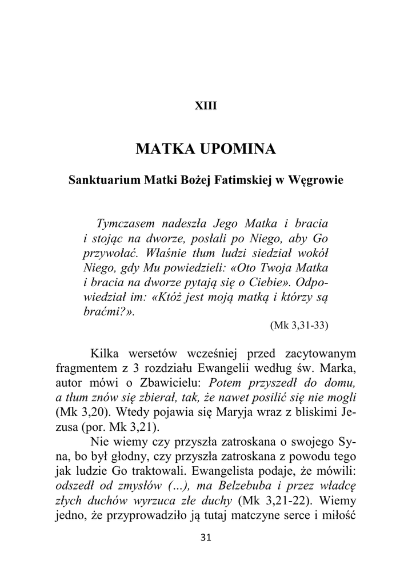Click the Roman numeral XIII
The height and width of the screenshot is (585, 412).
206,106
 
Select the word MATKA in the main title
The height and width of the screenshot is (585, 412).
163,150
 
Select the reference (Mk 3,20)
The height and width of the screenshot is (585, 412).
79,412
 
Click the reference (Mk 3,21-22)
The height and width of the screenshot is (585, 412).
272,501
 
